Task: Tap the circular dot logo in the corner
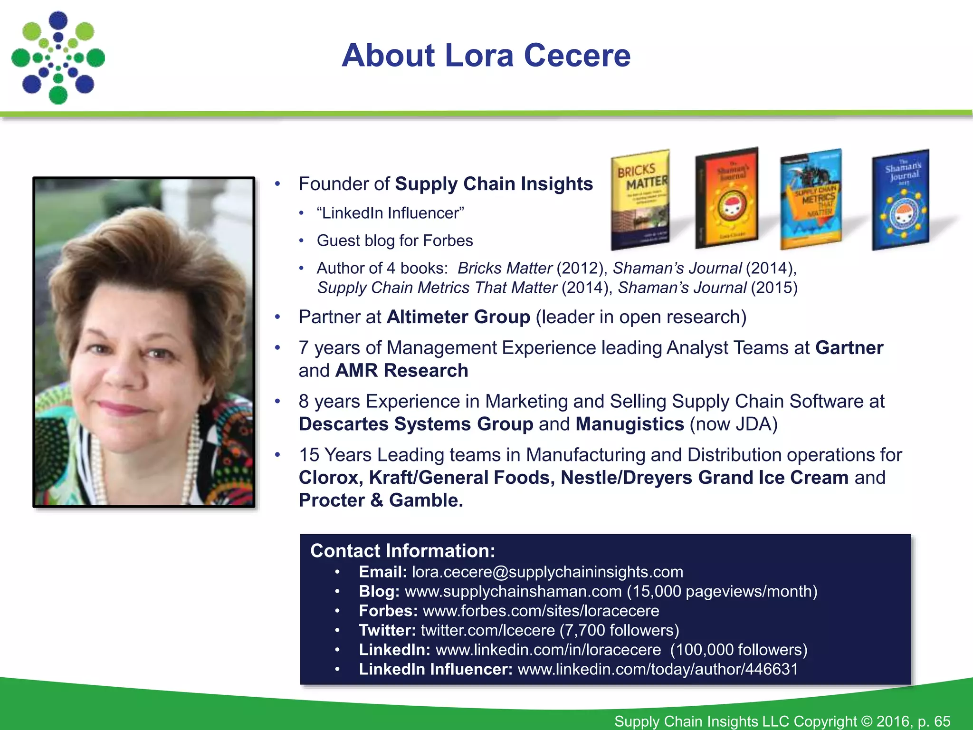coord(58,58)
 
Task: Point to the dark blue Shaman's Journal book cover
coord(901,200)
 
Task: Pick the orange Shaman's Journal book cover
coord(727,199)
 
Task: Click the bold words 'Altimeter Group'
coord(458,317)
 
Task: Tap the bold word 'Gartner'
coord(849,348)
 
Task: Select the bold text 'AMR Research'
coord(401,371)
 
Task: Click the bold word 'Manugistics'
coord(630,424)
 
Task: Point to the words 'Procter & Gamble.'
coord(381,500)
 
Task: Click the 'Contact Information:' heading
coord(402,551)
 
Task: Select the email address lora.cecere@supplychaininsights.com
coord(547,572)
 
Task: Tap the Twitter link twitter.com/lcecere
coord(487,630)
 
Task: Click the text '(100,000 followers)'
coord(739,650)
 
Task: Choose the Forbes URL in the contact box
coord(541,611)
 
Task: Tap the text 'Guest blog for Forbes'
coord(395,241)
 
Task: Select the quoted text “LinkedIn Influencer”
coord(391,213)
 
